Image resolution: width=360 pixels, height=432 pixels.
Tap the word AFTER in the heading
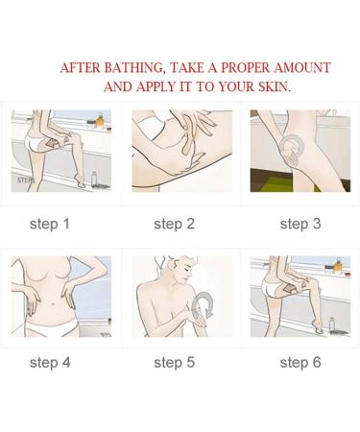77,68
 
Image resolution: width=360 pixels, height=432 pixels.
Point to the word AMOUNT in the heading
304,68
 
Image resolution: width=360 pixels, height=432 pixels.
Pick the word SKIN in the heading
271,85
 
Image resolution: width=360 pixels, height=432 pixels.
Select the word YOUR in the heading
234,85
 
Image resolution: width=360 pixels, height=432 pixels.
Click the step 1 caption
50,224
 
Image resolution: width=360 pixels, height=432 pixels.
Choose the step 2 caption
175,224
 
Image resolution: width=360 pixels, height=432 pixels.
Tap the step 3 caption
300,224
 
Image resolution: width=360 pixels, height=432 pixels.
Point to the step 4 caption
50,362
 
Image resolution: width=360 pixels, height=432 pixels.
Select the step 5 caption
175,362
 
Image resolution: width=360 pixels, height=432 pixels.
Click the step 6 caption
300,362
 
